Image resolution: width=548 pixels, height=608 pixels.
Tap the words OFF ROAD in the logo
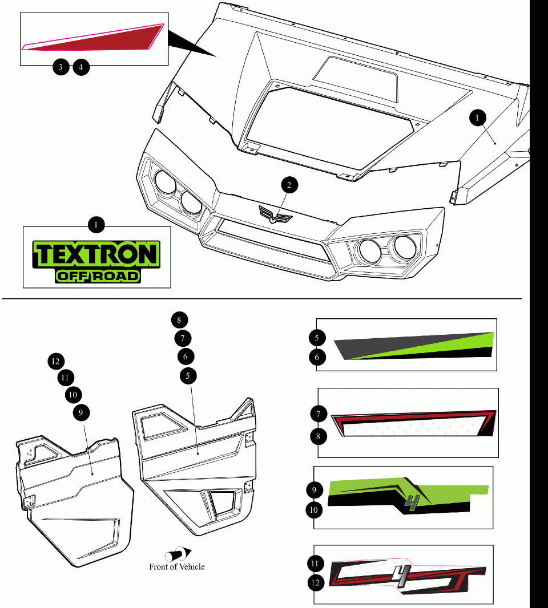pos(98,276)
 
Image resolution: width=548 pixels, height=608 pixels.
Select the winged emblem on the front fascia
pos(275,214)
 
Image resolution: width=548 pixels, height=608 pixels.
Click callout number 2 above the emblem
pos(289,184)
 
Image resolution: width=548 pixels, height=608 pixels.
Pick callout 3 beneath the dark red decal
pos(61,67)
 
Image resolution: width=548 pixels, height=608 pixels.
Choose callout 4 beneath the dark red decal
pos(81,67)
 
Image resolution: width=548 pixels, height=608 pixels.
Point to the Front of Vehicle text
pos(176,567)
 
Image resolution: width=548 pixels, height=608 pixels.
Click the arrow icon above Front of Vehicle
pos(178,554)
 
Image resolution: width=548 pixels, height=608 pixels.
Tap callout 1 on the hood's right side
pos(477,117)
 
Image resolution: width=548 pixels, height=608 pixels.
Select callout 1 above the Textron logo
pos(96,225)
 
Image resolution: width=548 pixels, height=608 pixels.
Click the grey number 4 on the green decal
pos(410,502)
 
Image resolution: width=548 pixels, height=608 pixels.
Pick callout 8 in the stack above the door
pos(179,319)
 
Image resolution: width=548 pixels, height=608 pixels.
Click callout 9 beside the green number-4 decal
pos(314,489)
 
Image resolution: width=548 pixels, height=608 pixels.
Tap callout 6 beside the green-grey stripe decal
pos(317,358)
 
